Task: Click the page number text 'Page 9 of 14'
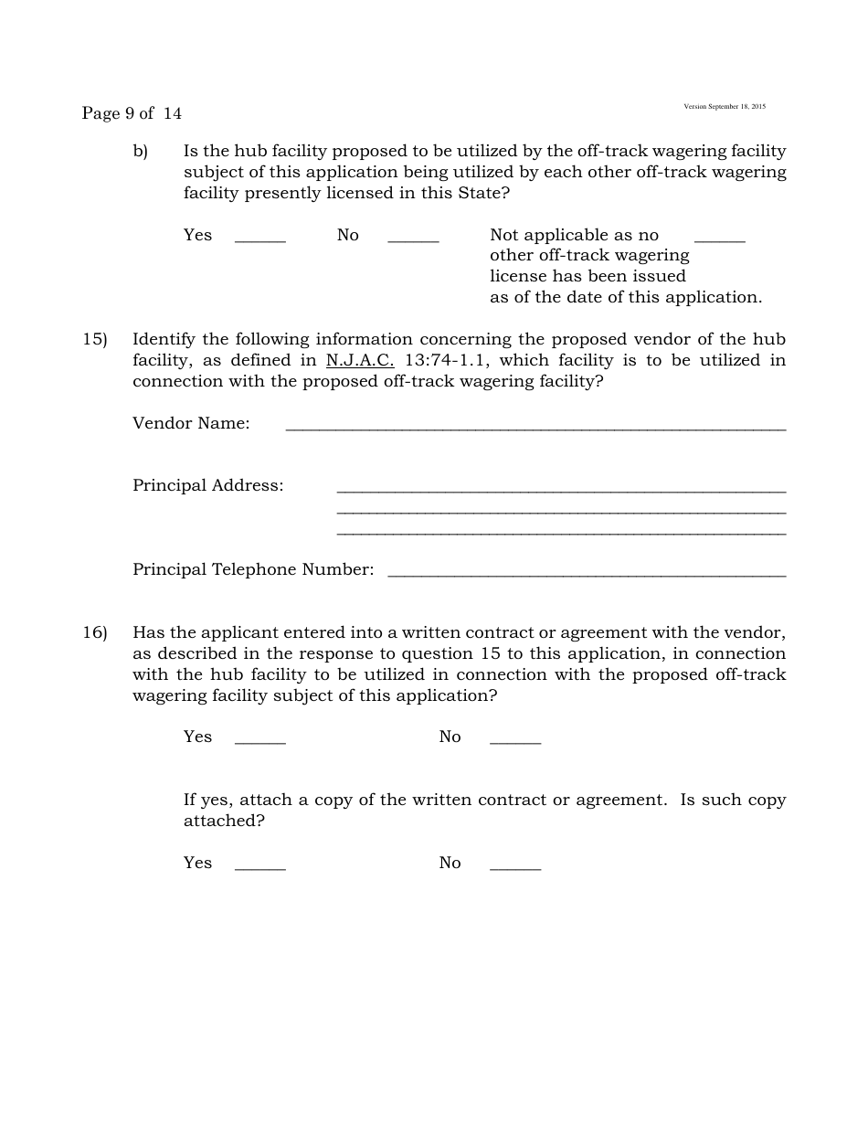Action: [132, 113]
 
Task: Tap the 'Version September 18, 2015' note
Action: [725, 107]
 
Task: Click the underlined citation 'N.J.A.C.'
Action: [360, 360]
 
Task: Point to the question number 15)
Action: [95, 339]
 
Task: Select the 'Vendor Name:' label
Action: [191, 423]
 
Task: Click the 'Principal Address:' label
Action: [208, 485]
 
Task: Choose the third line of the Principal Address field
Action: [561, 532]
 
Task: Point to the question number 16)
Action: [95, 632]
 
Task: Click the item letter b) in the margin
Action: [140, 151]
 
